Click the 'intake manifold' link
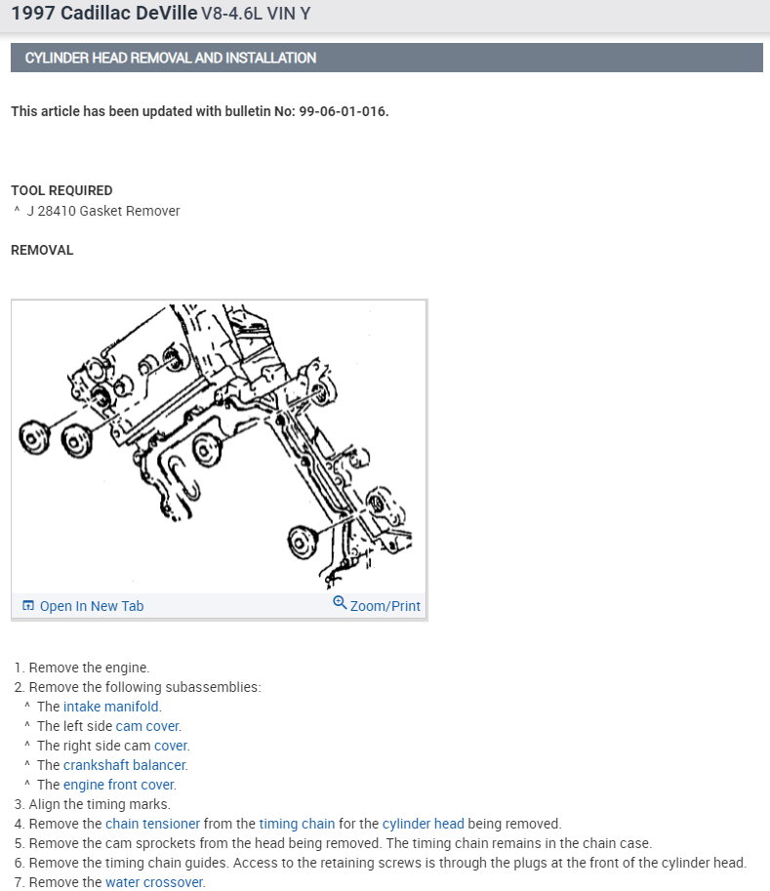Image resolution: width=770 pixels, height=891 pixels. click(x=111, y=707)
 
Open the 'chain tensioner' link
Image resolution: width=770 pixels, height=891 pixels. click(x=152, y=824)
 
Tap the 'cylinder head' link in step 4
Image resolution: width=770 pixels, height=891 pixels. click(x=423, y=824)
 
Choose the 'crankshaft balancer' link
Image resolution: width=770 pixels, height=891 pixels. click(x=125, y=765)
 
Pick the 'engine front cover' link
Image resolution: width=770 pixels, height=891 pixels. click(x=119, y=785)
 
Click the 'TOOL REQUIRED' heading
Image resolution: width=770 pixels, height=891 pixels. click(x=61, y=190)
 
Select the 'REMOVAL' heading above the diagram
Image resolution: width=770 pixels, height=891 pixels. click(x=42, y=250)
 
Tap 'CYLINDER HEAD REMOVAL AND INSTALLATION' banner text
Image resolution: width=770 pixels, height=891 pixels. click(x=171, y=58)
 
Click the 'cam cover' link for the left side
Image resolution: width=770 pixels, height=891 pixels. click(x=147, y=726)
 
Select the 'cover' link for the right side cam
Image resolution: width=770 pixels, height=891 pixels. click(x=171, y=746)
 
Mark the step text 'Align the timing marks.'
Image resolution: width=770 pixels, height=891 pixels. click(x=100, y=804)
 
